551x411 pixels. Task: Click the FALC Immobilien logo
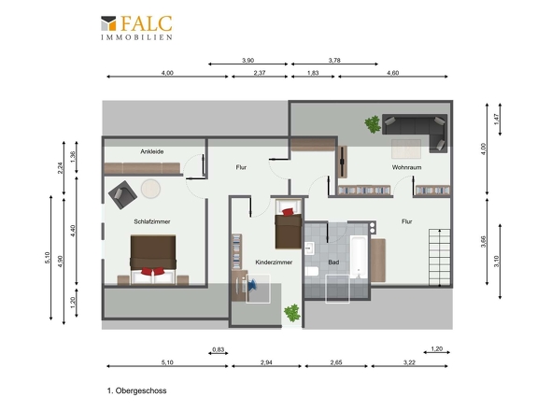tap(136, 28)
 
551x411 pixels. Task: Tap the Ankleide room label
tap(152, 151)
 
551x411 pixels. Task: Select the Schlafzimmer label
tap(152, 221)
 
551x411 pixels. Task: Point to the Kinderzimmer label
tap(274, 262)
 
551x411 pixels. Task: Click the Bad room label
tap(333, 262)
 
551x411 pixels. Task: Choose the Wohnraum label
tap(406, 167)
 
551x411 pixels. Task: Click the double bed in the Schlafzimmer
tap(153, 260)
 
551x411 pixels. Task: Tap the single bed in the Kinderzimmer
tap(289, 224)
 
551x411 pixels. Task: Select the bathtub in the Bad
tap(359, 257)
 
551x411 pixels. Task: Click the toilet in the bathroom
tap(312, 272)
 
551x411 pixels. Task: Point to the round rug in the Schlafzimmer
tap(150, 189)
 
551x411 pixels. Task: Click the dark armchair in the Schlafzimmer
tap(122, 195)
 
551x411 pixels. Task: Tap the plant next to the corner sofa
tap(373, 124)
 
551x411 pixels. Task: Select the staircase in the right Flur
tap(439, 257)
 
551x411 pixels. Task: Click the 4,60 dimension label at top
tap(392, 73)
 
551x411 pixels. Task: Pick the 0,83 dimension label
tap(219, 349)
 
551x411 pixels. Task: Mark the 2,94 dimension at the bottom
tap(266, 362)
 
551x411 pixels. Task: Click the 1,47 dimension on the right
tap(496, 119)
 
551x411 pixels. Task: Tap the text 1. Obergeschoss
tap(136, 390)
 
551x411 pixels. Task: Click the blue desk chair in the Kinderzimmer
tap(252, 285)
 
